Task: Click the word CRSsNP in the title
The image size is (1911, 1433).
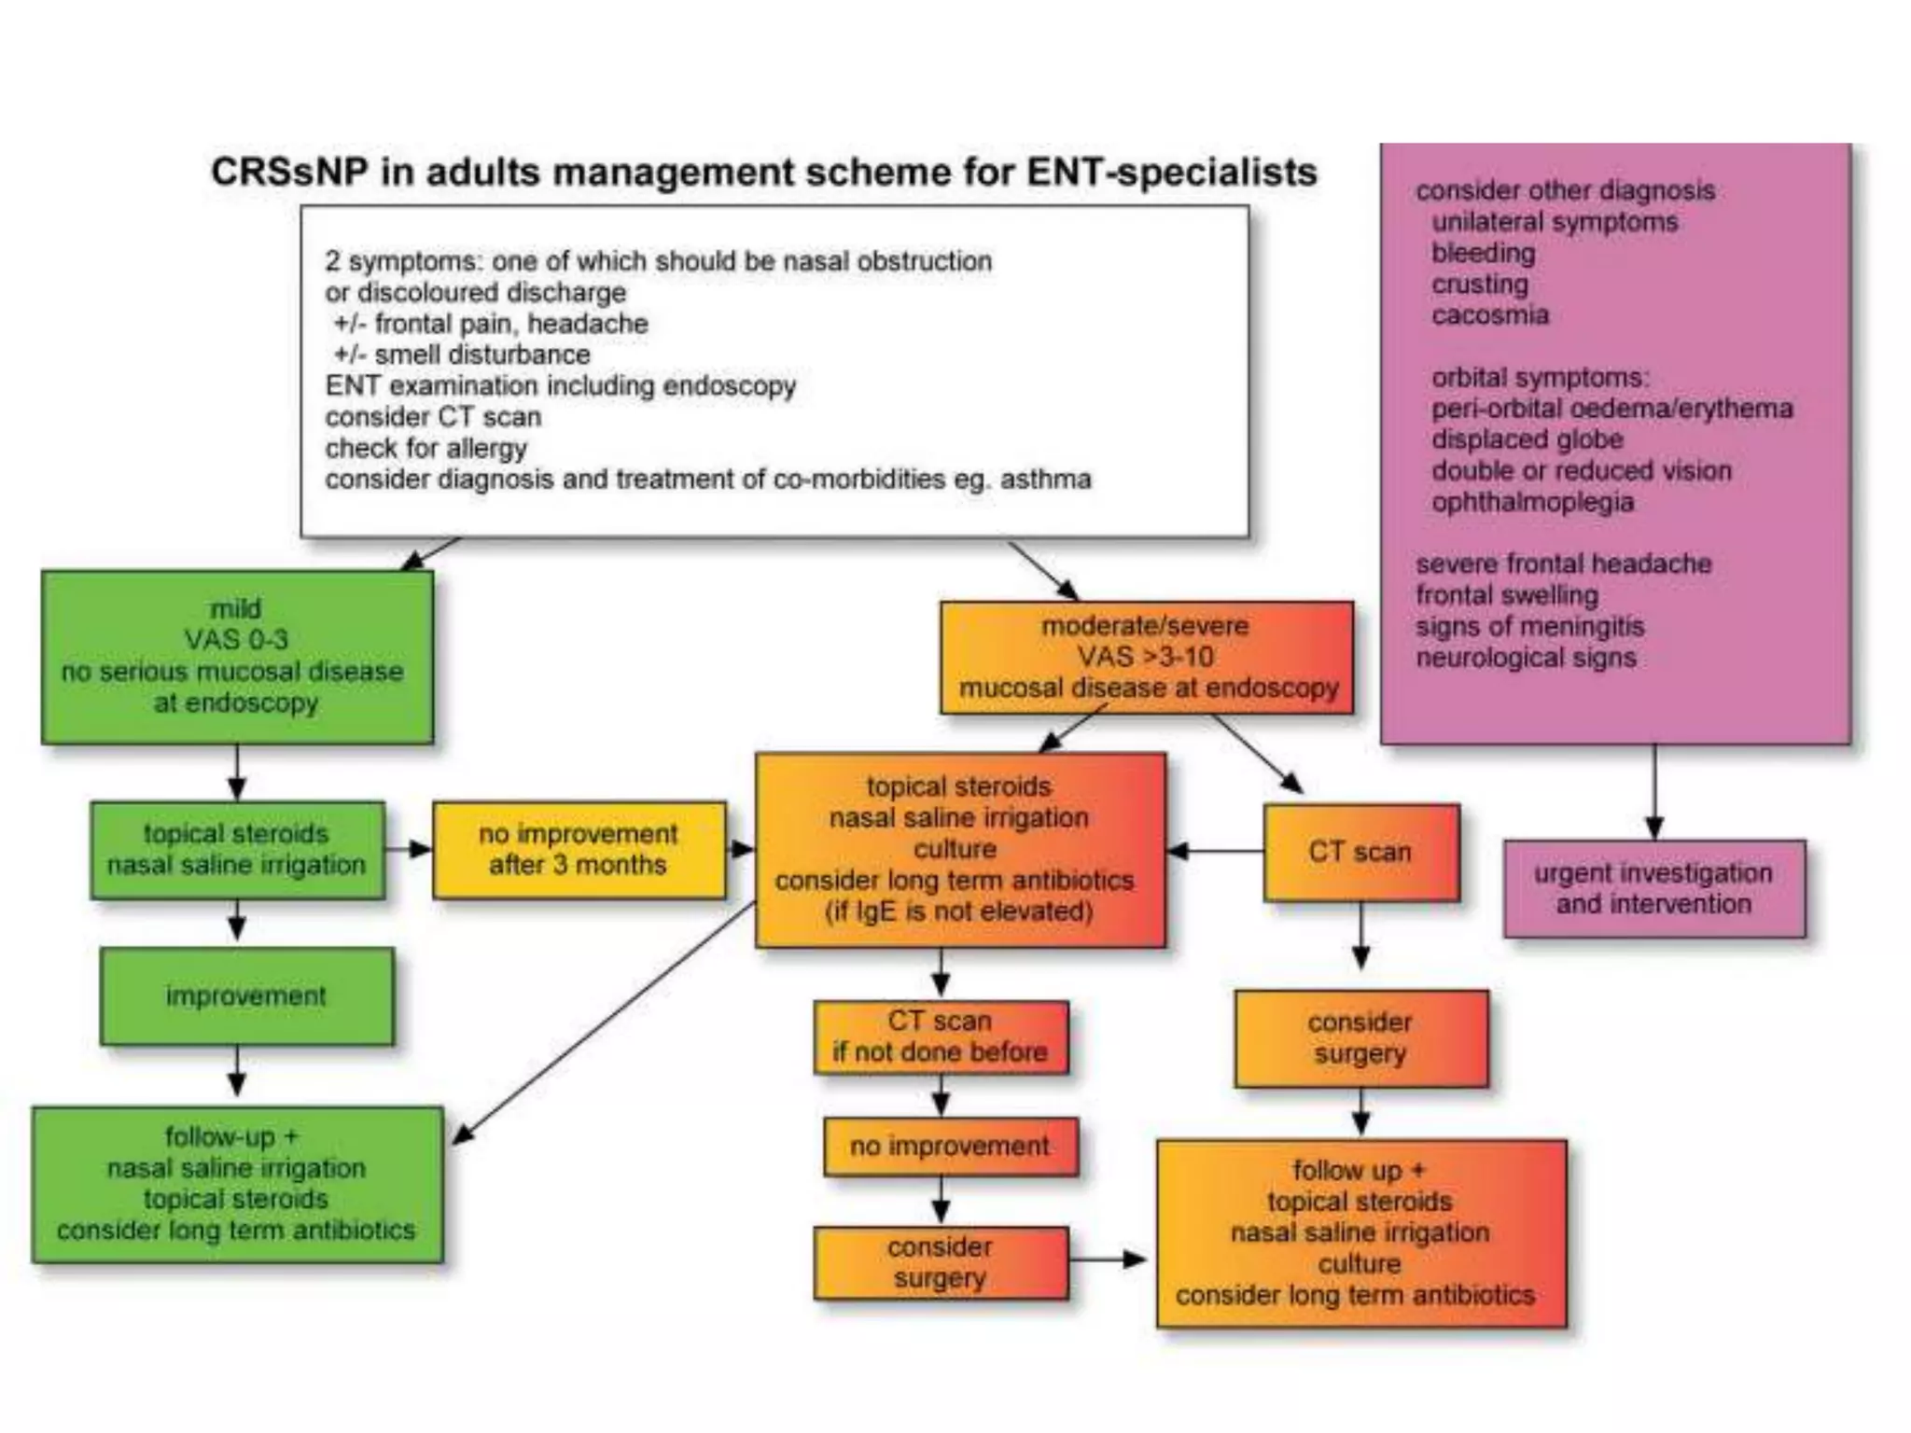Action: [289, 173]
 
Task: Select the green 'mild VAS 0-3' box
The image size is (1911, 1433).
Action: [237, 657]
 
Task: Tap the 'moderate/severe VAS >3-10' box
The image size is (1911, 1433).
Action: [1147, 658]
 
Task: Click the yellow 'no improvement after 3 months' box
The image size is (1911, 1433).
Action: [579, 850]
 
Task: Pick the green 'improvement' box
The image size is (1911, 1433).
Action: [246, 996]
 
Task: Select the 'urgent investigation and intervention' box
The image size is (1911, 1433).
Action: [1653, 889]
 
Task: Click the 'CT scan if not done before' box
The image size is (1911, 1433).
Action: [941, 1037]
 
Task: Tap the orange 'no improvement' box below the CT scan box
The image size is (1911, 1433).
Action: [950, 1147]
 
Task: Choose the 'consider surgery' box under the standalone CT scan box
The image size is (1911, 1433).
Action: [1360, 1038]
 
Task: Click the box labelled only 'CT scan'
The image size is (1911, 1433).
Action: [1360, 852]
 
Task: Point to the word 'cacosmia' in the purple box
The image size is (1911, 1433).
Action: [1490, 315]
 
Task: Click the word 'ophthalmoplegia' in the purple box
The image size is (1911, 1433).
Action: [1532, 503]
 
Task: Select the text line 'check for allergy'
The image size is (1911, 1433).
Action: [426, 449]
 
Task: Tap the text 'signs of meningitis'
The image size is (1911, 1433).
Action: [1530, 627]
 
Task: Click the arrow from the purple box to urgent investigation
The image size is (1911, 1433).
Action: [1654, 793]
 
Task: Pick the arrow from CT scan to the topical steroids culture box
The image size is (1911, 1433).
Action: [1215, 851]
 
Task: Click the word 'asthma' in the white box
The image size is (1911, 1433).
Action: [1045, 480]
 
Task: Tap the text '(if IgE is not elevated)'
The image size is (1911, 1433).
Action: [959, 911]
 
